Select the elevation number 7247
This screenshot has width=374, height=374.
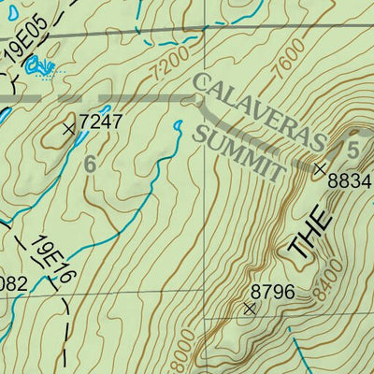pos(100,122)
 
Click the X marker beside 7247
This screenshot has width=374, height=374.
pos(68,129)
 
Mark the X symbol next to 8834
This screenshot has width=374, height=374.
pos(319,169)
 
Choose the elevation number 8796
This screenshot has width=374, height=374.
pos(272,293)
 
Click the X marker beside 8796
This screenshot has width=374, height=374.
pos(249,308)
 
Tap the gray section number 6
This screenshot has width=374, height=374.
pos(90,164)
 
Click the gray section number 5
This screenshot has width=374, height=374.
pos(352,149)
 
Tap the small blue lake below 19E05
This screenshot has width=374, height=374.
pos(38,65)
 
